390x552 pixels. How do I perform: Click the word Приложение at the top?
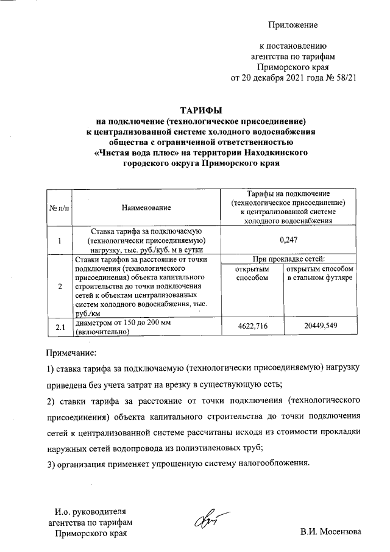click(294, 25)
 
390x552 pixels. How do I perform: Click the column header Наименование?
click(146, 209)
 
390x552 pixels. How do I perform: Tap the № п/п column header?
click(59, 209)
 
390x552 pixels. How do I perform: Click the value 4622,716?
click(253, 328)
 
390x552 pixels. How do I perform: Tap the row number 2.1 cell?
click(60, 328)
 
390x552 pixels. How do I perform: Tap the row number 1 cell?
click(60, 240)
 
